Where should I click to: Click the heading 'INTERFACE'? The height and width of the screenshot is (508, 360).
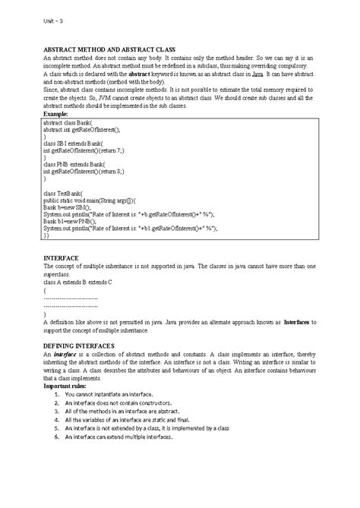[62, 259]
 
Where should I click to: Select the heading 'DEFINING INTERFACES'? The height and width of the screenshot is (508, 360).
[78, 345]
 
